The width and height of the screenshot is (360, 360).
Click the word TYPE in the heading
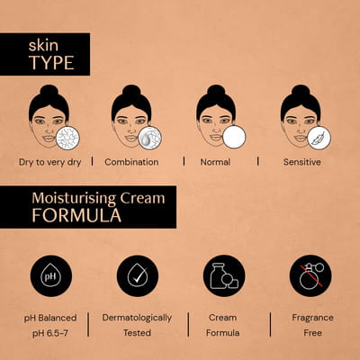[51, 63]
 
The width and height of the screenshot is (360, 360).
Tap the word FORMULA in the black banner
[76, 215]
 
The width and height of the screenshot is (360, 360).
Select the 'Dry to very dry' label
[50, 162]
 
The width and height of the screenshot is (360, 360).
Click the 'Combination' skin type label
[131, 162]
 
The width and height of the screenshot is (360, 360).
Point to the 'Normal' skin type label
[215, 162]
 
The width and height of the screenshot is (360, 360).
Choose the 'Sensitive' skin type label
[302, 162]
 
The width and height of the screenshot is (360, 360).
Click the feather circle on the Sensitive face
[319, 138]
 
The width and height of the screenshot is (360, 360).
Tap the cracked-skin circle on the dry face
[67, 138]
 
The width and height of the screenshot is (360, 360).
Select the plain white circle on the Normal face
[234, 137]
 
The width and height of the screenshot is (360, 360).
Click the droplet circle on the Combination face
[150, 138]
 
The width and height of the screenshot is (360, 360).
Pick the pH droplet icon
[51, 275]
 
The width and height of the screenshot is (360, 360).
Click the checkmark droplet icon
[138, 275]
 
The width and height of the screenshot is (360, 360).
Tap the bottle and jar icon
[224, 275]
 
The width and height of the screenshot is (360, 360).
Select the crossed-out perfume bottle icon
[310, 275]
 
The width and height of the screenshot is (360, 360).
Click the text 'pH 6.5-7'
[50, 333]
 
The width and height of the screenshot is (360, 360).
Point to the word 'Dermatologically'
[137, 318]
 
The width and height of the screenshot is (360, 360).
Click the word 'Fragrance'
[312, 318]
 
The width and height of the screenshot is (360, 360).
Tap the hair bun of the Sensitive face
[301, 90]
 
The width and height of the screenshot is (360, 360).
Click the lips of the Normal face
[216, 138]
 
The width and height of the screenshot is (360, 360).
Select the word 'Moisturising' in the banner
[74, 199]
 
